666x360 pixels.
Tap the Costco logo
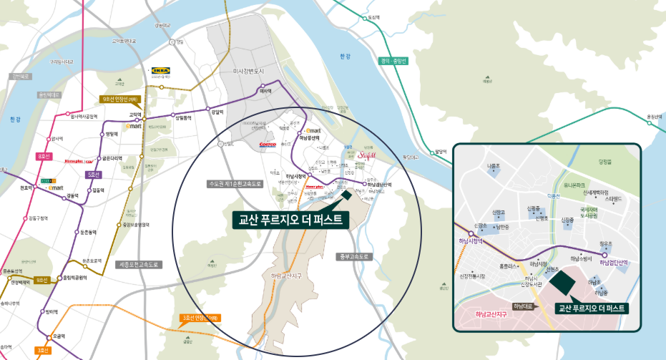pyautogui.click(x=267, y=144)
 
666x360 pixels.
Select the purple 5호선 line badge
pyautogui.click(x=93, y=174)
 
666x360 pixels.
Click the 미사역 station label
pyautogui.click(x=265, y=91)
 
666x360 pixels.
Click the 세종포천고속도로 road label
pyautogui.click(x=139, y=264)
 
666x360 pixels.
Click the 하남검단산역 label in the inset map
pyautogui.click(x=613, y=263)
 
